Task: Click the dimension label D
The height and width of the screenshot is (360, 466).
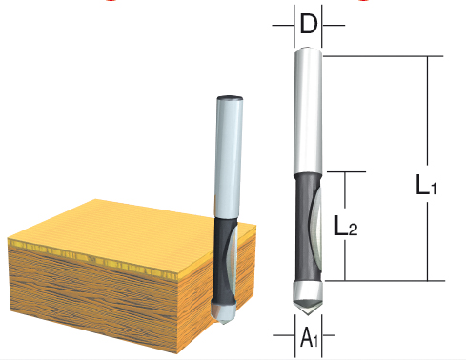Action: (x=309, y=24)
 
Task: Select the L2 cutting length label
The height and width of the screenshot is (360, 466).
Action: (x=346, y=226)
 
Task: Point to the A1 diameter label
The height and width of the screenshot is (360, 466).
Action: (x=309, y=338)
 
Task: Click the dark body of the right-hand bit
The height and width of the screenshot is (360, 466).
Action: (x=303, y=228)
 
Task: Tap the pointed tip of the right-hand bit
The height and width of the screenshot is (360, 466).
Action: (x=308, y=314)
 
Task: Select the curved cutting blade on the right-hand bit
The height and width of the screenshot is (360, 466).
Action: (x=317, y=229)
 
